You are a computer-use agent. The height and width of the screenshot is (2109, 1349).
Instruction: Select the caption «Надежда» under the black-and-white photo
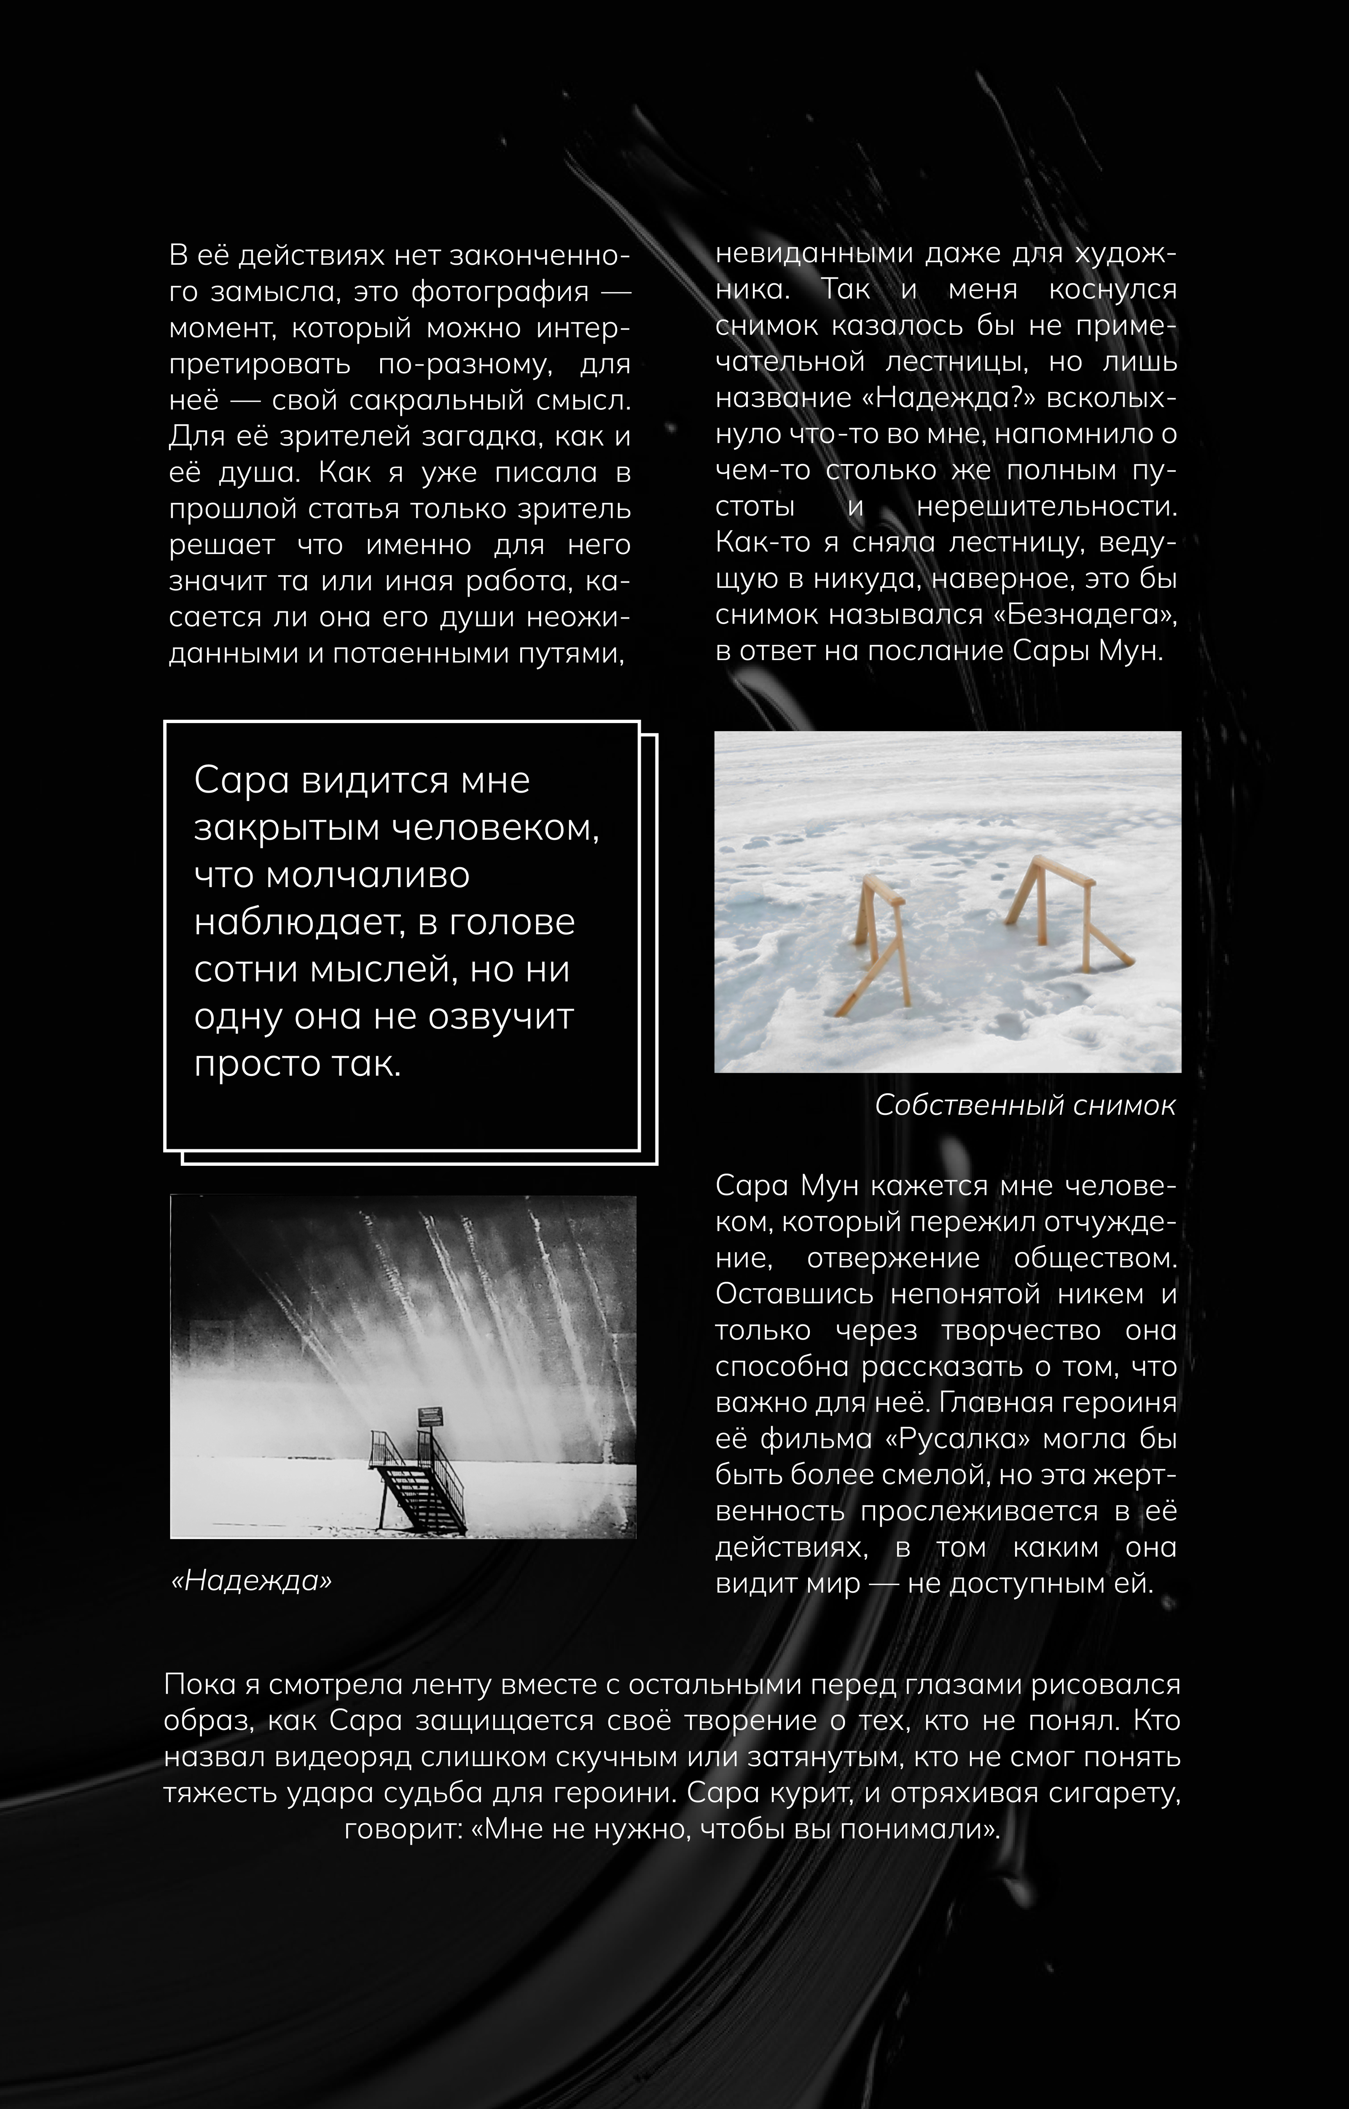coord(251,1581)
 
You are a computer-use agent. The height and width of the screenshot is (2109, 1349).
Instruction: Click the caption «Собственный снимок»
coord(1025,1106)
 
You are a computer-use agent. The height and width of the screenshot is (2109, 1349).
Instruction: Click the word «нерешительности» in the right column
coord(1047,506)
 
